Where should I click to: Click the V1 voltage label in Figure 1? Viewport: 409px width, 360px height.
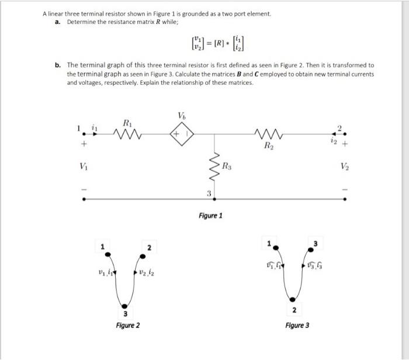[85, 166]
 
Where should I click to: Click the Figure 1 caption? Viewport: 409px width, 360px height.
[210, 216]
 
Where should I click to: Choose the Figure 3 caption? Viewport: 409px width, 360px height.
[297, 325]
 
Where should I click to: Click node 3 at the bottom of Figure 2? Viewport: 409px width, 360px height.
[123, 306]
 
